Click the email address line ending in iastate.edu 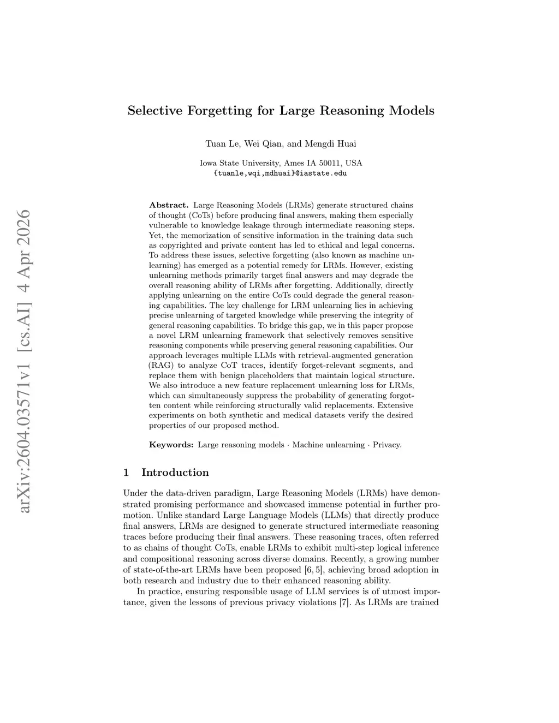[x=280, y=174]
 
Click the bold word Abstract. [x=169, y=205]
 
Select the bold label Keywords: [x=171, y=445]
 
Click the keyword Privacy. [x=387, y=445]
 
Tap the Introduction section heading [x=175, y=473]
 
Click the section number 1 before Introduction [x=127, y=473]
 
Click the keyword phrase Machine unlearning [x=328, y=445]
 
